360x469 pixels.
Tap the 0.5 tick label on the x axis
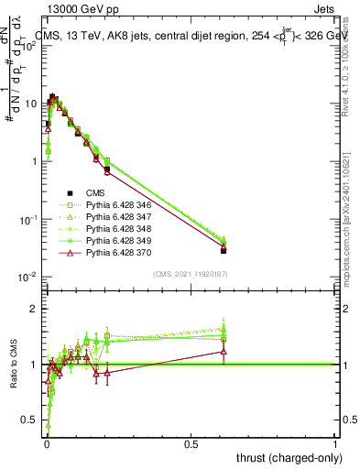tap(191, 444)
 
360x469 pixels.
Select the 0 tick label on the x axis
tap(47, 444)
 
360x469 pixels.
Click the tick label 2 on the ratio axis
tap(34, 309)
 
